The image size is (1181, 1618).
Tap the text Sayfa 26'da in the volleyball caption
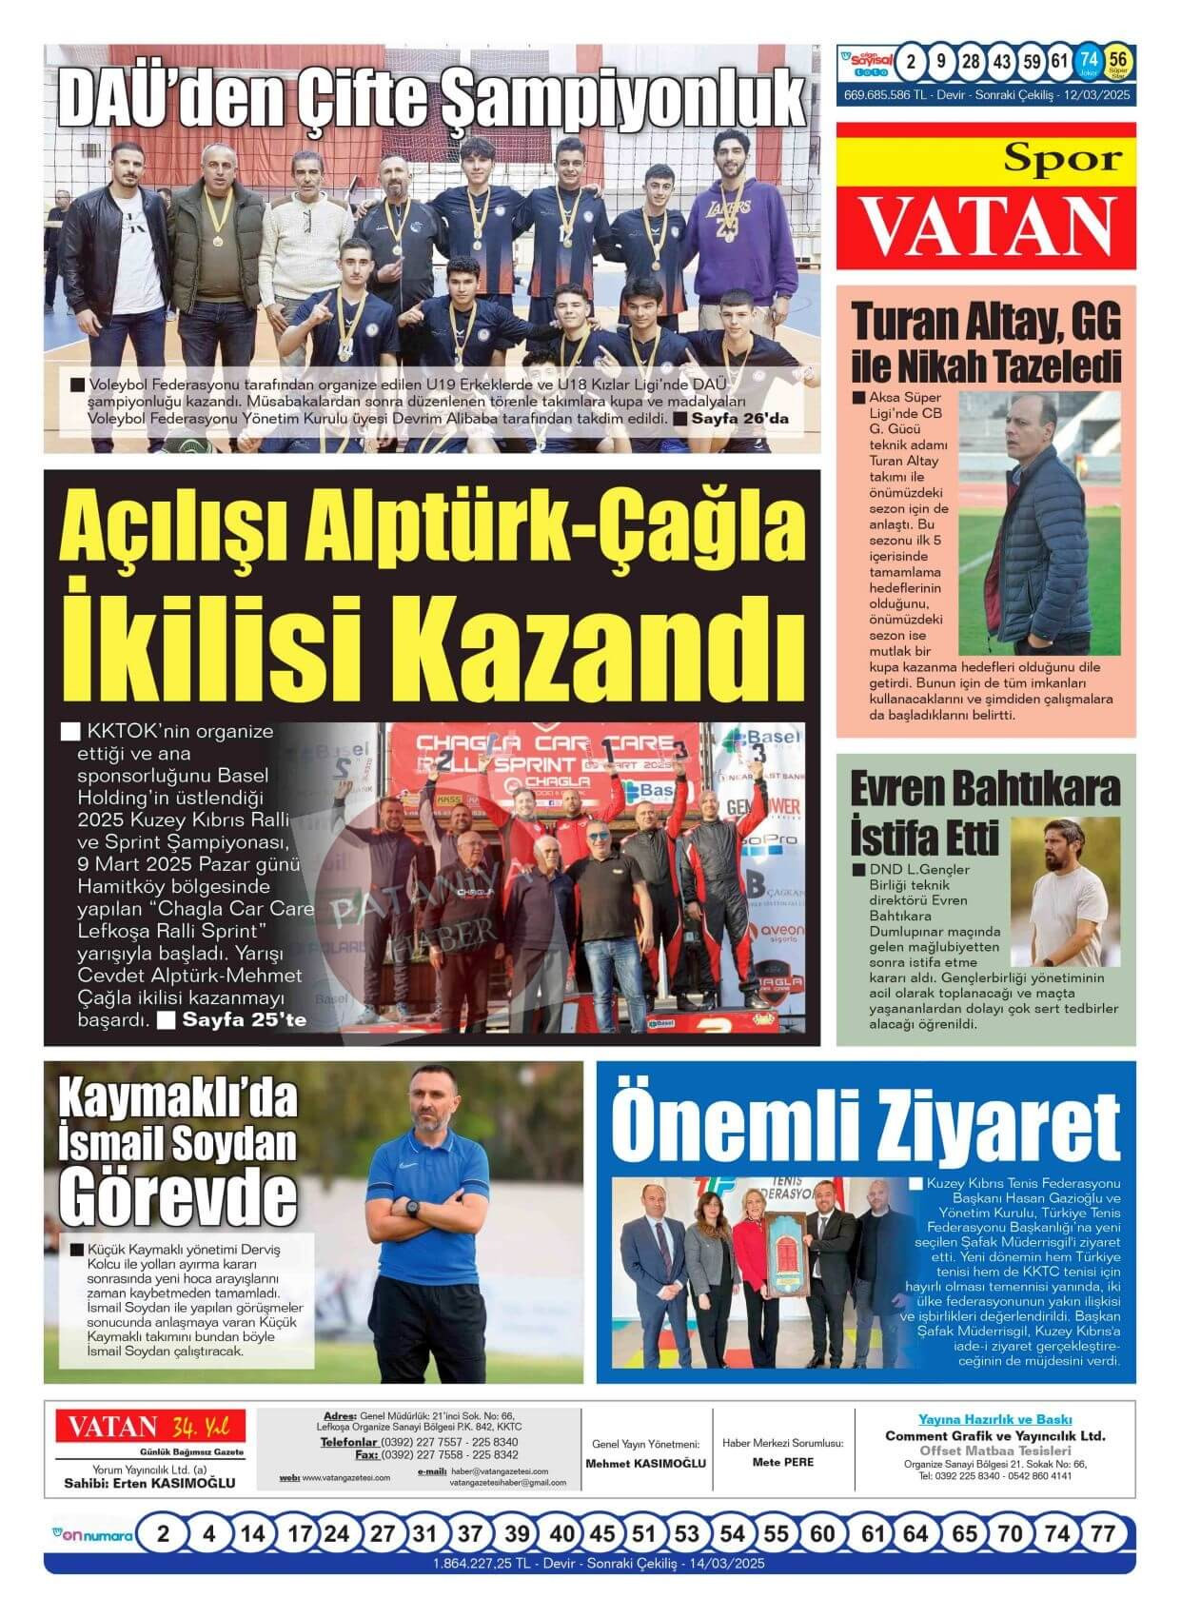[x=738, y=419]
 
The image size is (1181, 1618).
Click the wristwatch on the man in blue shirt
[x=412, y=1207]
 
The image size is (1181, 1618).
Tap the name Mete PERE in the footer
[x=782, y=1462]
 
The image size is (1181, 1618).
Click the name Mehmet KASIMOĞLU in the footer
[x=645, y=1463]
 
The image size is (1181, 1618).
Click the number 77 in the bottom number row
[x=1102, y=1534]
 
